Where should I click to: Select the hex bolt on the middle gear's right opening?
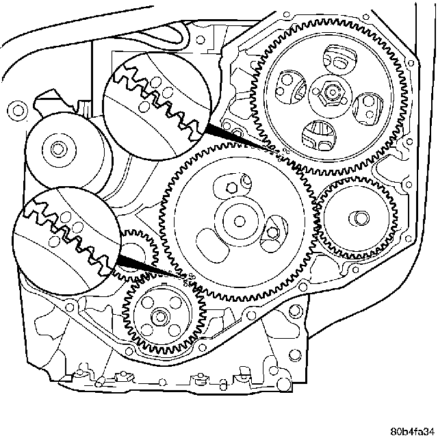click(x=273, y=231)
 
